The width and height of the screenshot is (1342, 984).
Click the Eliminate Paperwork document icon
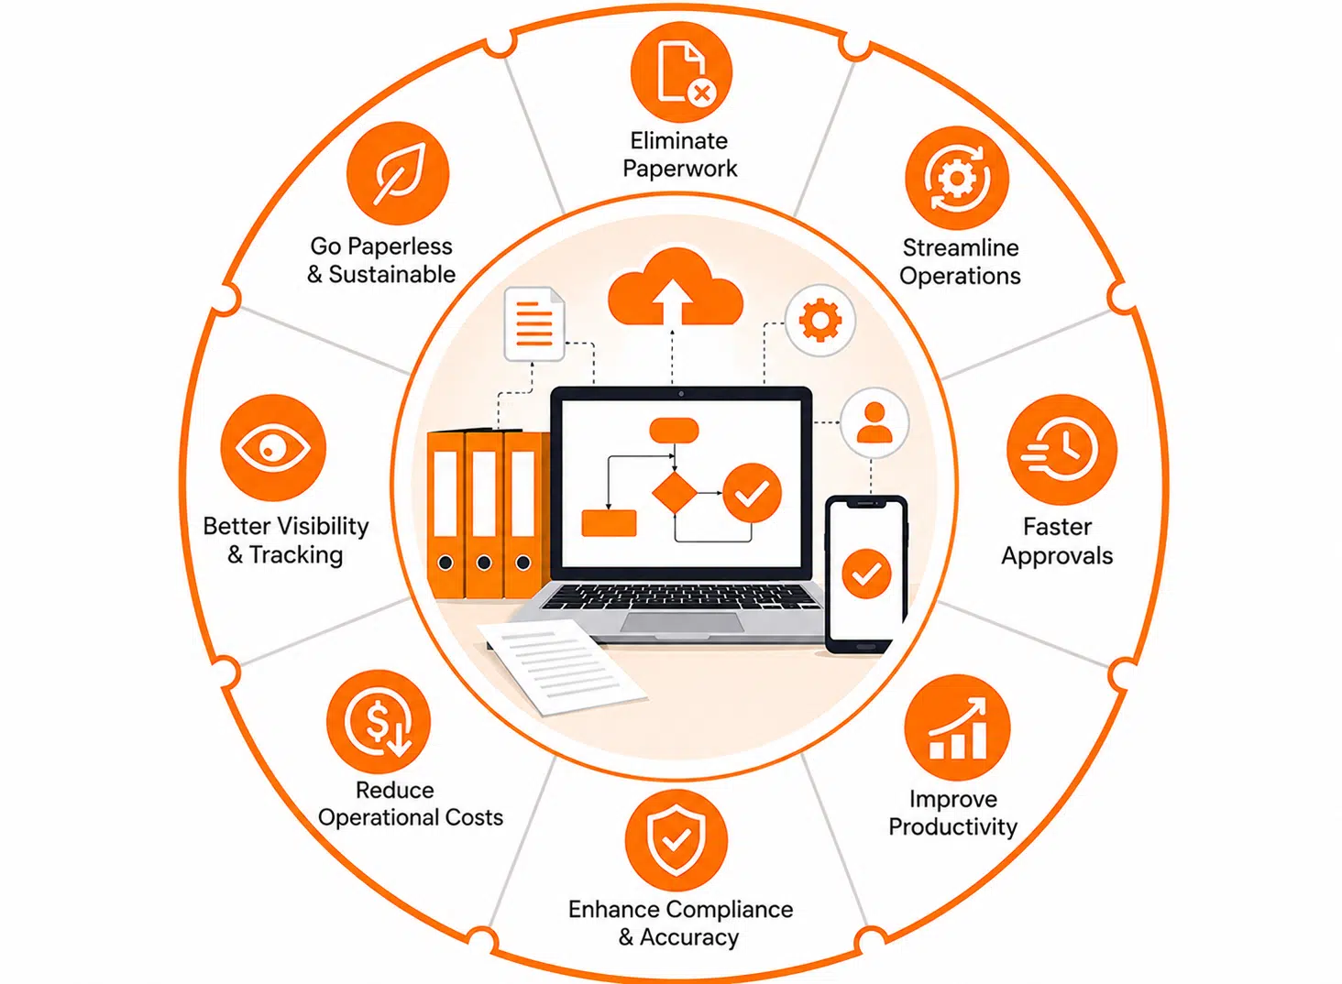681,72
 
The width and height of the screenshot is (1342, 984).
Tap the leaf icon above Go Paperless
398,174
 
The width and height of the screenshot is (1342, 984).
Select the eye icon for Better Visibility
273,447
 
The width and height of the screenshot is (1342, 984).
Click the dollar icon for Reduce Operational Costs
379,722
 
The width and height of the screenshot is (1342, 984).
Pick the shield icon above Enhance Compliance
676,840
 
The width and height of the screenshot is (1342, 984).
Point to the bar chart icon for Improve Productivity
957,727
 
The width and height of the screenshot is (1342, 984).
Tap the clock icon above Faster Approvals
1061,449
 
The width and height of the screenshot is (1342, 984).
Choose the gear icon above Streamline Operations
957,178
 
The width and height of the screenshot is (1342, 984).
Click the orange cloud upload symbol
676,288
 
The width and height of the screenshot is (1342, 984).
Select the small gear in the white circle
820,321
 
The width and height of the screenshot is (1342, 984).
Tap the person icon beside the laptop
874,422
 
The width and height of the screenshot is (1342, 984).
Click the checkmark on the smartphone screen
866,574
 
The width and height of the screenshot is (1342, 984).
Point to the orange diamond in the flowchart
675,492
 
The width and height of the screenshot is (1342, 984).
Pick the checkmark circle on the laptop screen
752,493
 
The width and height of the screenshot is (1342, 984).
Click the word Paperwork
680,169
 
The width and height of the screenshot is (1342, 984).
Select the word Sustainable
392,274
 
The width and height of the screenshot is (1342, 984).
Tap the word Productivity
952,827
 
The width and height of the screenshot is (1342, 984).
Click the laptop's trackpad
682,622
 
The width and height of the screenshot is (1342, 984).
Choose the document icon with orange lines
534,324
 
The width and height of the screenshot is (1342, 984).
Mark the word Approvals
1057,556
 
